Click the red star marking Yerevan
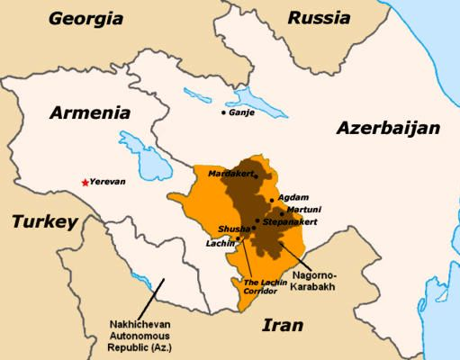tap(86, 183)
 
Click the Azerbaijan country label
tap(388, 129)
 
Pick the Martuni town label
tap(302, 208)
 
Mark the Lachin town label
tap(220, 243)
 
